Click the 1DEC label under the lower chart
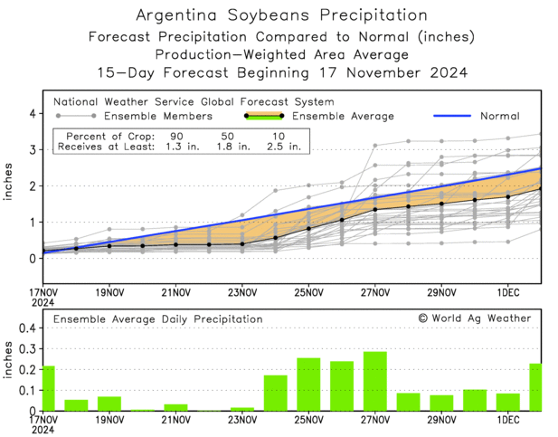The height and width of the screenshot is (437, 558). click(x=508, y=421)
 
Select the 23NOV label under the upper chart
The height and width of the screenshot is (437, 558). click(x=241, y=292)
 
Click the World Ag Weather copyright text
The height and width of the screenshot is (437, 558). click(x=474, y=318)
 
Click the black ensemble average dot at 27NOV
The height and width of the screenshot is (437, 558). click(x=375, y=210)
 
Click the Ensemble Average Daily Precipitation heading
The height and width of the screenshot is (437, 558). click(x=157, y=319)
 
